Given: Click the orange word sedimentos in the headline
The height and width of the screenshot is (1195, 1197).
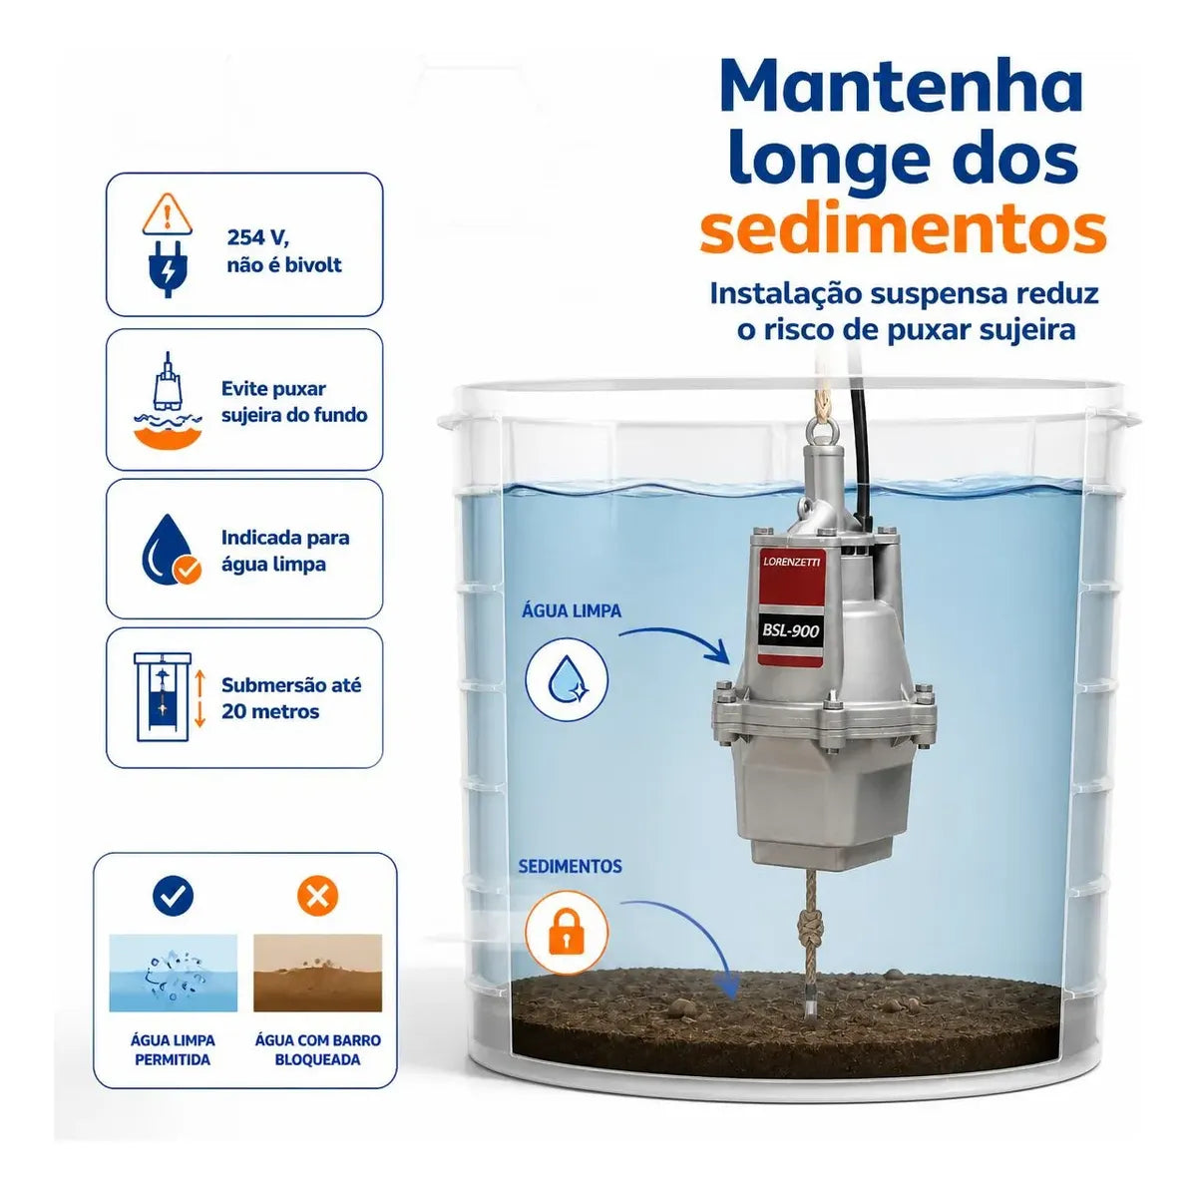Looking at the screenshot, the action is click(903, 230).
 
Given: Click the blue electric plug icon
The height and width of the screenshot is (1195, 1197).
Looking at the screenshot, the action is click(167, 268).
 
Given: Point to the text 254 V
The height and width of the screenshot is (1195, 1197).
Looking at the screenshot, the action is click(257, 237).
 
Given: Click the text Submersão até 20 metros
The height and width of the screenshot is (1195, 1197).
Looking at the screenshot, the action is click(290, 698).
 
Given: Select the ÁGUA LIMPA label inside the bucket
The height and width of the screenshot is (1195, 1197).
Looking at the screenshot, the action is click(571, 610).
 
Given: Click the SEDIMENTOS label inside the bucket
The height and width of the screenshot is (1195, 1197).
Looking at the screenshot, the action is click(570, 867).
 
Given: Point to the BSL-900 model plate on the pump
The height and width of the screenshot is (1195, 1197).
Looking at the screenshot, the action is click(790, 632).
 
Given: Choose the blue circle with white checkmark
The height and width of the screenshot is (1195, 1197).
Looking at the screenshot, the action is click(173, 896).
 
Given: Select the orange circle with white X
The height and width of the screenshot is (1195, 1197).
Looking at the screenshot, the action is click(317, 896).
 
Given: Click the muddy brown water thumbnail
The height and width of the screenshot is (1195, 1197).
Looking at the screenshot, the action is click(317, 973).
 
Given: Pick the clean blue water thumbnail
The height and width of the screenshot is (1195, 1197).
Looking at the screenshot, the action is click(173, 973).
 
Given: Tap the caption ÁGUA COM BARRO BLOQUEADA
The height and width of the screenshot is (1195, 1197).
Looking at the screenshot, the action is click(317, 1049).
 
